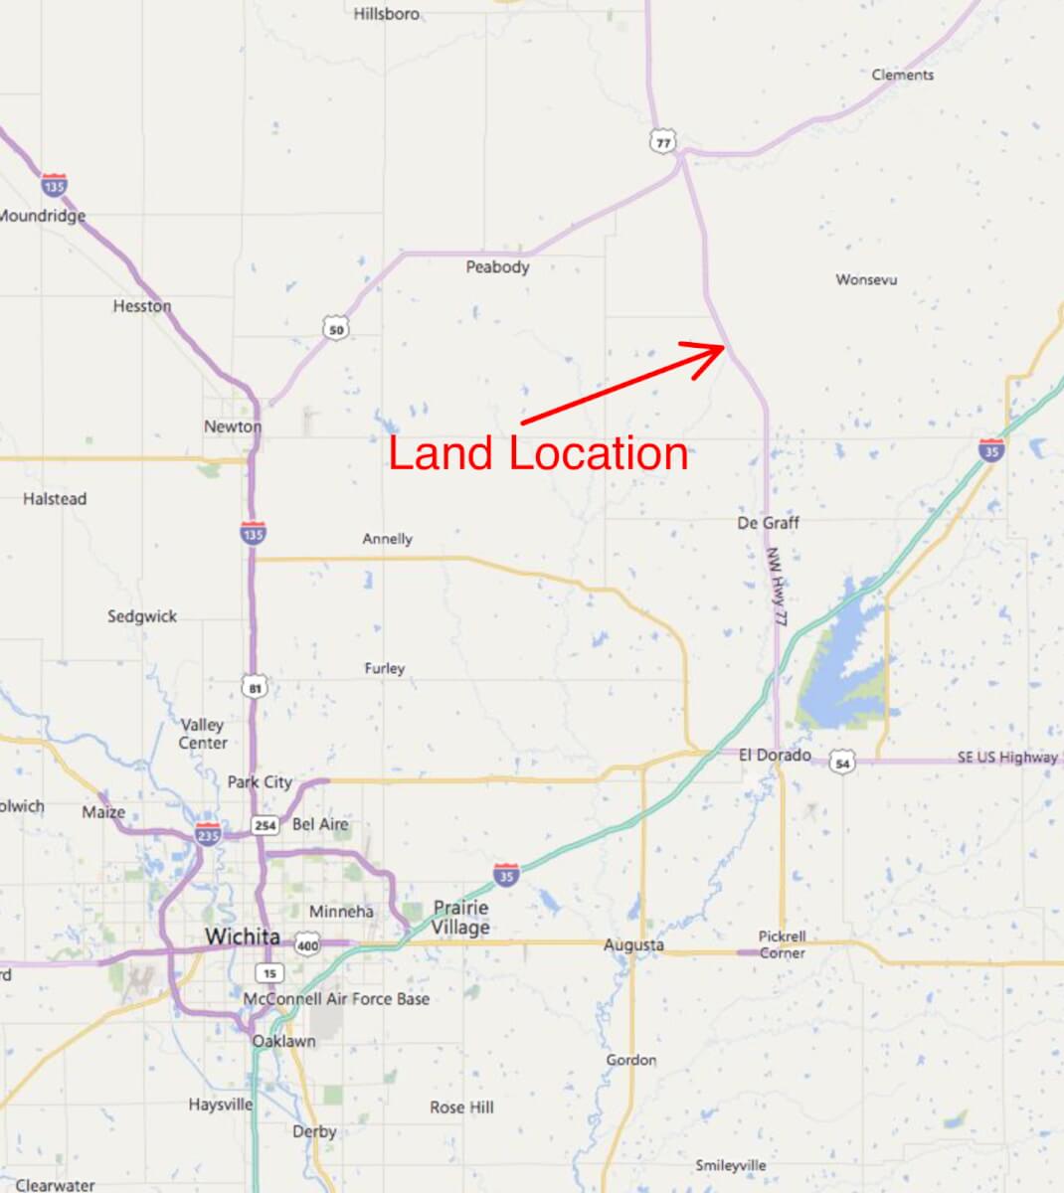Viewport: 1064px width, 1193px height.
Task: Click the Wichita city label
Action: pyautogui.click(x=242, y=937)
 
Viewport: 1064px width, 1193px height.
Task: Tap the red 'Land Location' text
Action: pyautogui.click(x=538, y=453)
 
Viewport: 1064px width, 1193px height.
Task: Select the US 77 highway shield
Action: pyautogui.click(x=662, y=141)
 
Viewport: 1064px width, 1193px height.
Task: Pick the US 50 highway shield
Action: pyautogui.click(x=336, y=329)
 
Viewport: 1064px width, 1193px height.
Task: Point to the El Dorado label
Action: pyautogui.click(x=775, y=756)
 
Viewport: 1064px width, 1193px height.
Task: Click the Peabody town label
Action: pyautogui.click(x=497, y=266)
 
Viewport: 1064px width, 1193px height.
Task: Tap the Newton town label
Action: pyautogui.click(x=233, y=426)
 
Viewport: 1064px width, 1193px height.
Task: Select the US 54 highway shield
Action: pyautogui.click(x=842, y=764)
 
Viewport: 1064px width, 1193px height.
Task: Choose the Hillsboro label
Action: pyautogui.click(x=387, y=14)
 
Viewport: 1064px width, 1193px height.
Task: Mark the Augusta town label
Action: pyautogui.click(x=633, y=944)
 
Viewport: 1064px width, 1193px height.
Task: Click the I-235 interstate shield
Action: pyautogui.click(x=208, y=833)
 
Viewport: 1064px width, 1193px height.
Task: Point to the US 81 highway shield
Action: pyautogui.click(x=254, y=687)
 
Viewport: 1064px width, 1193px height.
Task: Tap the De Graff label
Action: pyautogui.click(x=768, y=522)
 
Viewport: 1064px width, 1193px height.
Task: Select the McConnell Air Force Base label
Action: pyautogui.click(x=336, y=998)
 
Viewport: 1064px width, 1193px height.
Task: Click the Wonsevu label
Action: pyautogui.click(x=866, y=279)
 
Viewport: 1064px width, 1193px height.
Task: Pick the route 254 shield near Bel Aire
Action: pyautogui.click(x=265, y=825)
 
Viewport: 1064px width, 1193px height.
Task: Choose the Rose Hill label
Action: pyautogui.click(x=461, y=1107)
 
